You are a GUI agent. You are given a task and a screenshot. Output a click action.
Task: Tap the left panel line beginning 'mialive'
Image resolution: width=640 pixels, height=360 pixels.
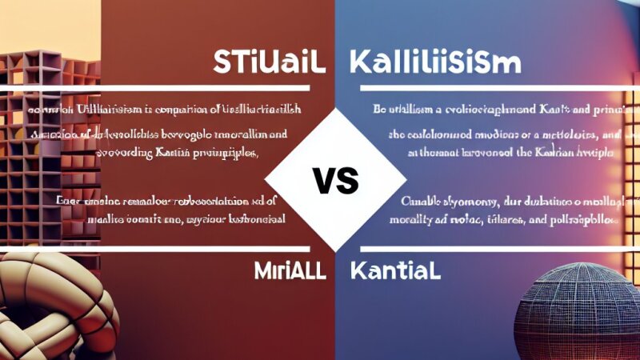[x=178, y=218]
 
